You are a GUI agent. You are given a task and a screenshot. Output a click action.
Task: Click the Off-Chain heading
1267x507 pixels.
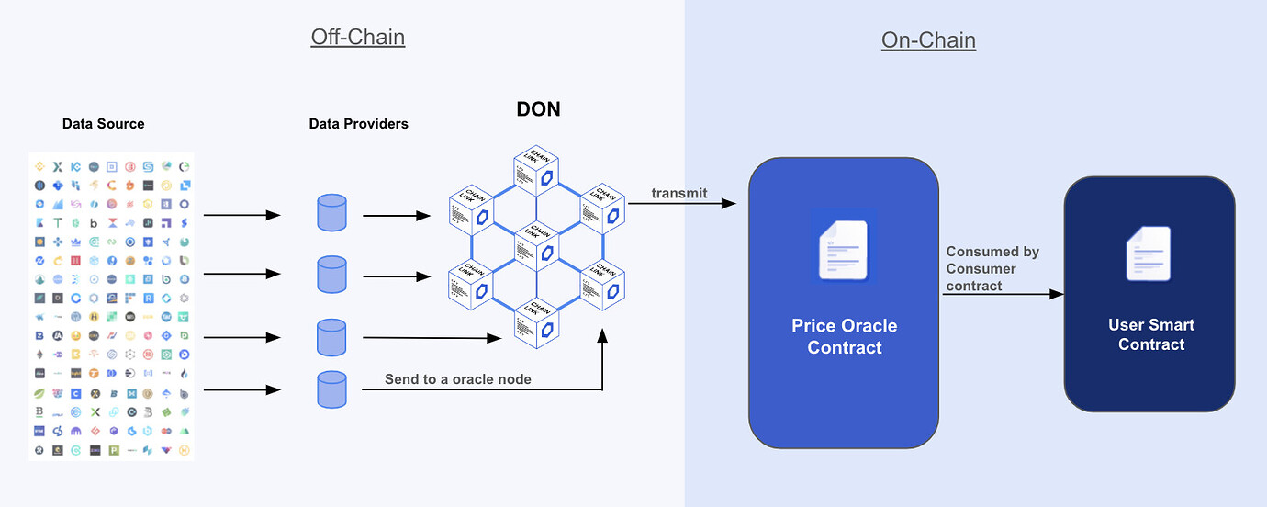(357, 37)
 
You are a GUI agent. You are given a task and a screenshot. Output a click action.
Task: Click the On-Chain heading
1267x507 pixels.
(928, 40)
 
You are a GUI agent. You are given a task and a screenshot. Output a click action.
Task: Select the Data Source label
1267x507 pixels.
(103, 124)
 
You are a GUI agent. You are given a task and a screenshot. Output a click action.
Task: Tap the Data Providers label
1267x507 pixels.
(358, 124)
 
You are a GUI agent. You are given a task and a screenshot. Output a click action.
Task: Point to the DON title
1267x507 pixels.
(537, 110)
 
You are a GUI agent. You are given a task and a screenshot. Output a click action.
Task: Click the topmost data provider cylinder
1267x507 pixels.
(331, 212)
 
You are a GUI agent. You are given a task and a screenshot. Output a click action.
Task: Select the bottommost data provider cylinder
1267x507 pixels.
(331, 389)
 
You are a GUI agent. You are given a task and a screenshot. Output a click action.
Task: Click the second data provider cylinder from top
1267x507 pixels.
(331, 274)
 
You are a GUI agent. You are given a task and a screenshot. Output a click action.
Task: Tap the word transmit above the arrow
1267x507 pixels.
(678, 193)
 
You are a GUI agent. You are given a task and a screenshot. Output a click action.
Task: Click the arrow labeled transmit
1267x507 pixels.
(683, 203)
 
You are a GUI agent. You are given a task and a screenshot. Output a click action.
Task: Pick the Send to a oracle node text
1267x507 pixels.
(457, 379)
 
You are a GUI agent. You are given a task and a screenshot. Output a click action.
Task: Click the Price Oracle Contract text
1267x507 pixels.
(844, 337)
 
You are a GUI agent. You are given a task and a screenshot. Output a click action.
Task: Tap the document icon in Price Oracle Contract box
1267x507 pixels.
(844, 245)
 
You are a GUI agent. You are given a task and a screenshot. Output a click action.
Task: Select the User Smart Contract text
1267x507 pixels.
(1150, 335)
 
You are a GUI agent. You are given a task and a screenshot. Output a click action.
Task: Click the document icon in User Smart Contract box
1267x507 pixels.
(1149, 253)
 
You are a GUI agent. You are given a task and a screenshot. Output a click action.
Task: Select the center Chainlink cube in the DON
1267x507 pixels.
(537, 242)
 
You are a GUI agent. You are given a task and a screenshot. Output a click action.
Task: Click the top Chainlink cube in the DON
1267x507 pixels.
(537, 172)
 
